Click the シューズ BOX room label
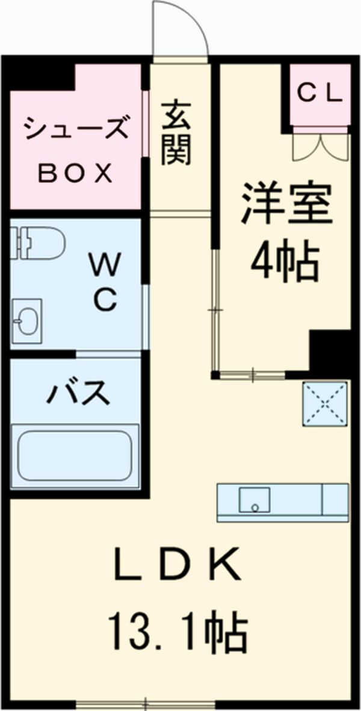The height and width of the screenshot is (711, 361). [75, 150]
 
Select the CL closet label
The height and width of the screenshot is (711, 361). [321, 93]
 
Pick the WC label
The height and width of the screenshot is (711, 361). [105, 281]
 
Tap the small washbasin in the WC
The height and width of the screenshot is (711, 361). [27, 321]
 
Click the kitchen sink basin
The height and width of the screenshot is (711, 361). [255, 500]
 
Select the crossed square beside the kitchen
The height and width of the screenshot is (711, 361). [325, 404]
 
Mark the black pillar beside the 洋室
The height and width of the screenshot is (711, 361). [329, 351]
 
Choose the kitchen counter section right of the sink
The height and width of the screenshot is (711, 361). [335, 499]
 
